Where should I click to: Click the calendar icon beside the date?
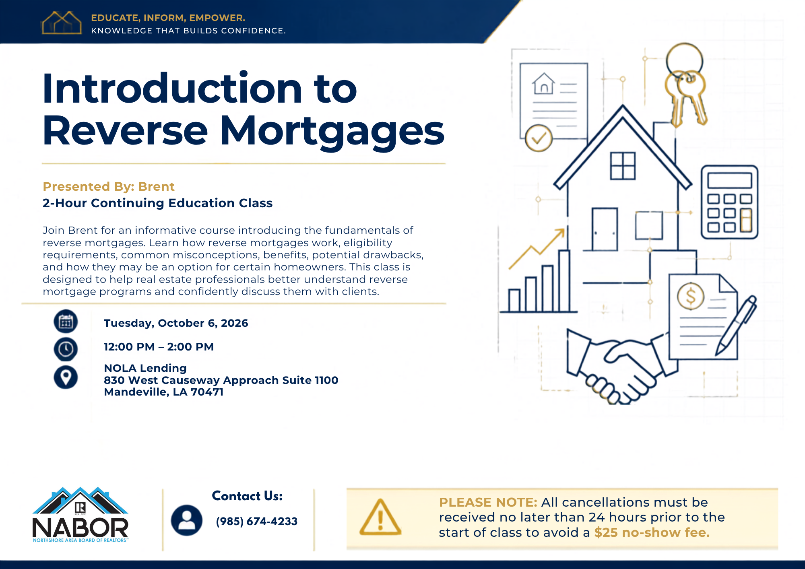[x=66, y=322]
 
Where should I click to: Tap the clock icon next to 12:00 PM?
[x=66, y=349]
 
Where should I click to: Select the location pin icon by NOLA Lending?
[x=66, y=377]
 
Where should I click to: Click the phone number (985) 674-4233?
[x=256, y=522]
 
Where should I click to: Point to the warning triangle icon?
[x=380, y=517]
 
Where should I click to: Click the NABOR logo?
[x=80, y=515]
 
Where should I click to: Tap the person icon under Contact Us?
[x=187, y=520]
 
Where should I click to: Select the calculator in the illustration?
[x=729, y=202]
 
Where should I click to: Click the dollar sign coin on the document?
[x=691, y=296]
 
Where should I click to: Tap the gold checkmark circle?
[x=539, y=138]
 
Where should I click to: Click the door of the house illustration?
[x=605, y=229]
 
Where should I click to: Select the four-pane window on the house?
[x=623, y=166]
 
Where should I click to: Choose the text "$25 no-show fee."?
[x=652, y=533]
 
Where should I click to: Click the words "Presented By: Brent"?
[x=109, y=187]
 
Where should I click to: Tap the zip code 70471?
[x=207, y=392]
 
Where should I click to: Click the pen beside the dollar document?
[x=736, y=326]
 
